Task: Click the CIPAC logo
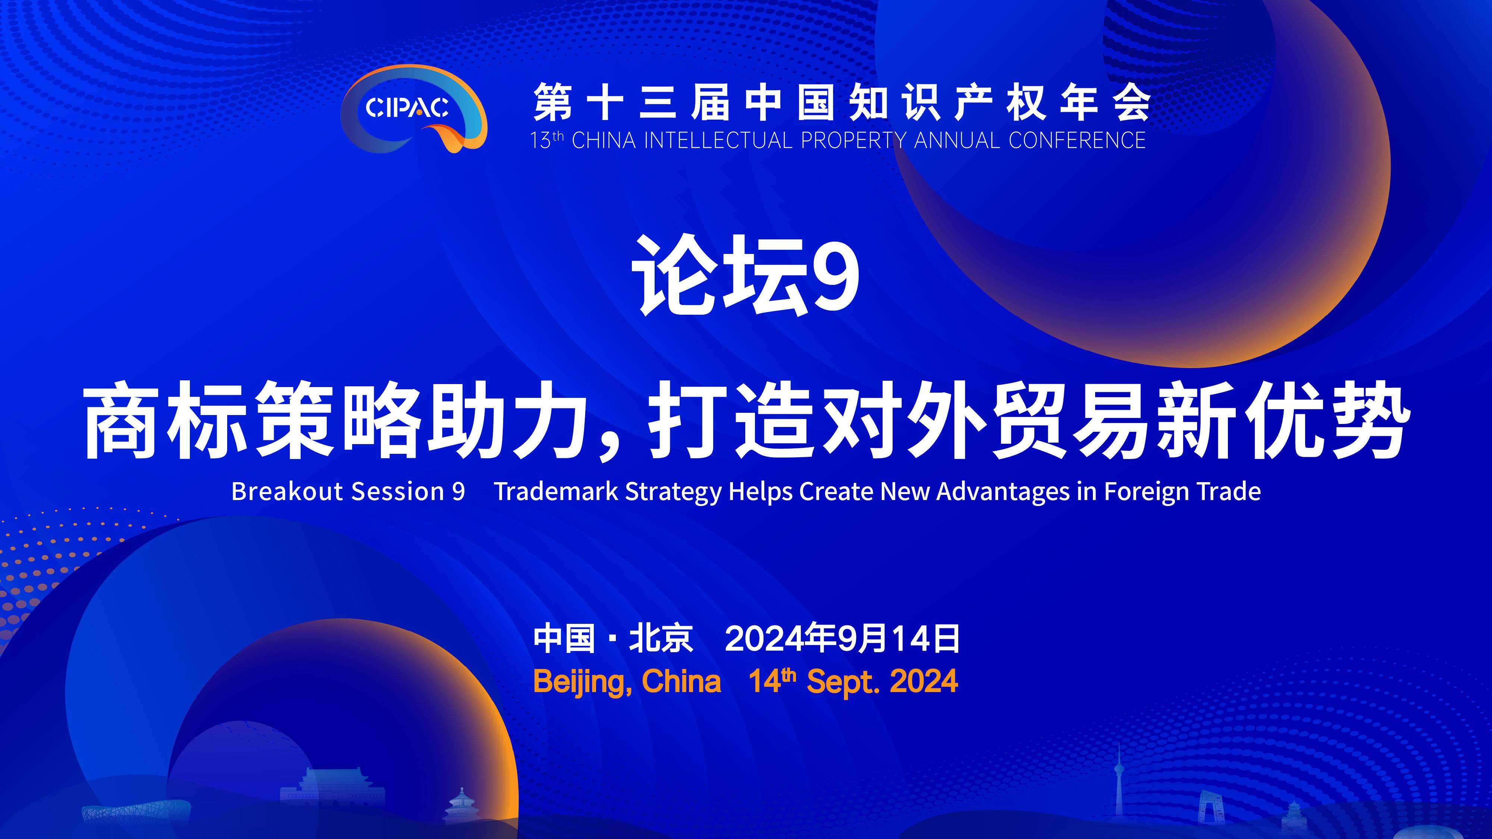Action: pyautogui.click(x=414, y=109)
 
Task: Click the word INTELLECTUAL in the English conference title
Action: pyautogui.click(x=718, y=141)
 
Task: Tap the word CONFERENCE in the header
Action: pyautogui.click(x=1077, y=141)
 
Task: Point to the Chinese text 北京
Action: pyautogui.click(x=661, y=639)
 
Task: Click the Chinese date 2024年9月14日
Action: pyautogui.click(x=842, y=639)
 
